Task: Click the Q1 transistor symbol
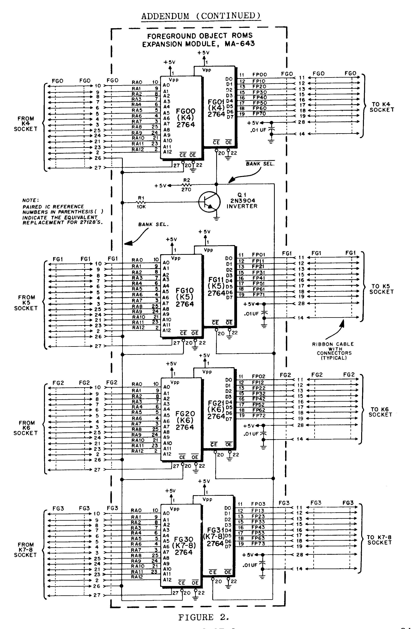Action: [x=209, y=202]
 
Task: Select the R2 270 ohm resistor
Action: [x=187, y=185]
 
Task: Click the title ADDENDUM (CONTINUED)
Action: [x=201, y=16]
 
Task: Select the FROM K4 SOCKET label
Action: [x=26, y=124]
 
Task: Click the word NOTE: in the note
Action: [x=30, y=201]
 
